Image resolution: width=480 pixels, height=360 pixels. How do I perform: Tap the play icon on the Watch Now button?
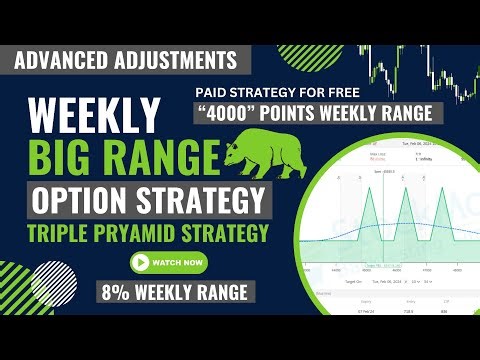pos(142,263)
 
